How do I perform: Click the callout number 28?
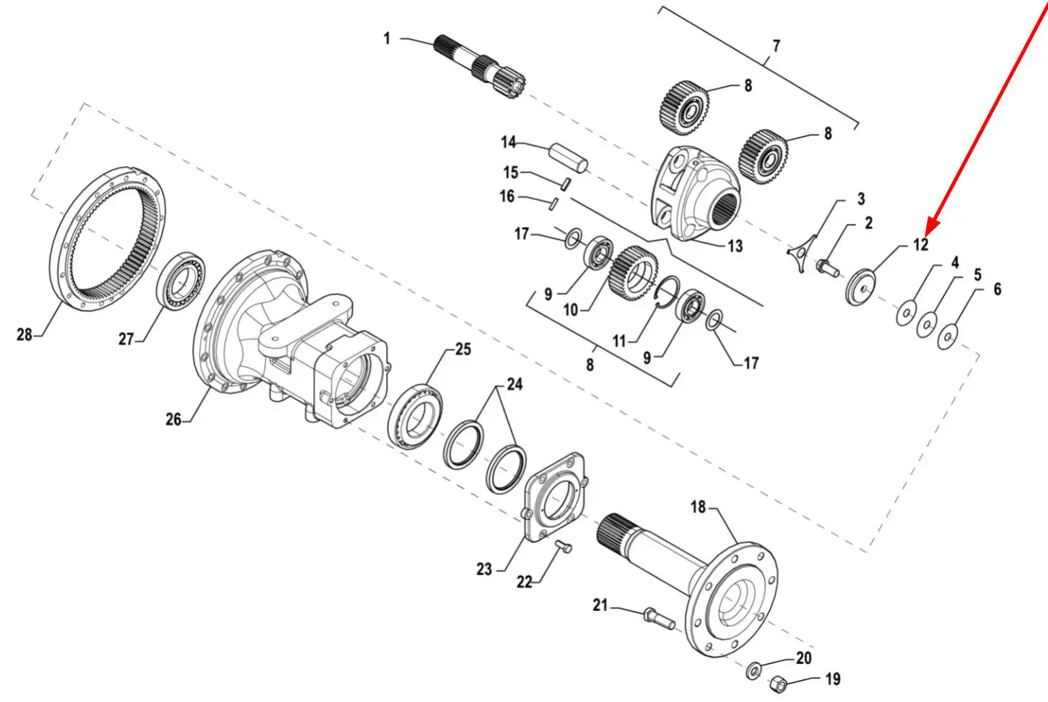click(x=24, y=335)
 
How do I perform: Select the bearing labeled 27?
click(x=181, y=281)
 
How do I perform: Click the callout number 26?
click(x=173, y=419)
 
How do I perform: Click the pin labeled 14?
click(x=569, y=158)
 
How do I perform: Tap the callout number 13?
click(x=735, y=246)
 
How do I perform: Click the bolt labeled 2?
click(x=827, y=268)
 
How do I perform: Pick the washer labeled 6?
click(x=948, y=337)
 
